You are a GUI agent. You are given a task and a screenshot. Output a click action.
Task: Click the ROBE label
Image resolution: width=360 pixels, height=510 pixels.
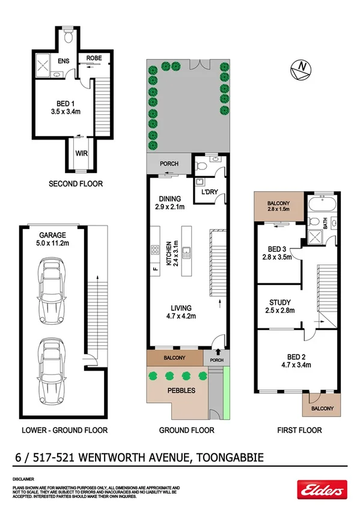pos(94,58)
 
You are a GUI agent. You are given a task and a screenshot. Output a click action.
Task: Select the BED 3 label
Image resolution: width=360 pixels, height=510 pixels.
pos(278,253)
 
